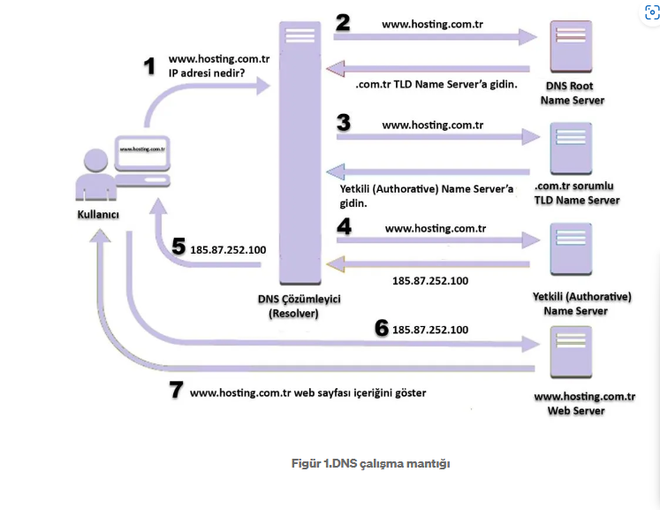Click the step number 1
pyautogui.click(x=149, y=67)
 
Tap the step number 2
pyautogui.click(x=342, y=23)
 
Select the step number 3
pyautogui.click(x=343, y=123)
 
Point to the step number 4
pyautogui.click(x=344, y=226)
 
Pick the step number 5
pyautogui.click(x=178, y=247)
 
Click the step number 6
pyautogui.click(x=382, y=328)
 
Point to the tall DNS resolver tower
pyautogui.click(x=300, y=150)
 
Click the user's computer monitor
pyautogui.click(x=144, y=151)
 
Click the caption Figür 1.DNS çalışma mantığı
pyautogui.click(x=371, y=464)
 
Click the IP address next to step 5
pyautogui.click(x=228, y=250)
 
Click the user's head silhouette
pyautogui.click(x=95, y=160)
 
